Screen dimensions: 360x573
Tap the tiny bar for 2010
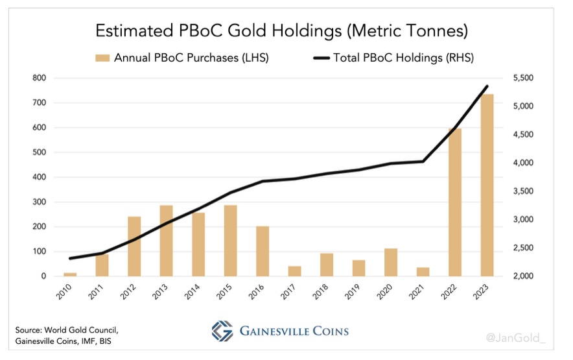(x=70, y=274)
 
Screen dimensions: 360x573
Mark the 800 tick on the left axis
(x=40, y=78)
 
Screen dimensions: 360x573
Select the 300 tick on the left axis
(x=40, y=202)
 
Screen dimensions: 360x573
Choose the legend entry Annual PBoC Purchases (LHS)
(x=191, y=58)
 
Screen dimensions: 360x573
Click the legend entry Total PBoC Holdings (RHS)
(x=403, y=58)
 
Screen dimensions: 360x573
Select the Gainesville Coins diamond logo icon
(x=222, y=330)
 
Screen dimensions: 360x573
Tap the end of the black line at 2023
(x=487, y=86)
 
